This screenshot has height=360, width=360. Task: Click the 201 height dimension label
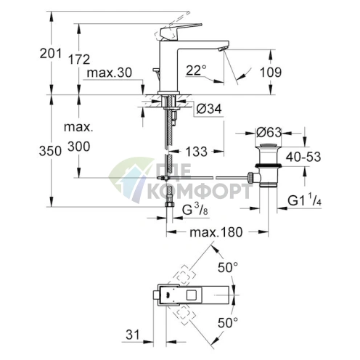51,54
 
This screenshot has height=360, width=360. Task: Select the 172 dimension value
79,60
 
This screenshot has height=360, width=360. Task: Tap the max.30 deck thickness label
110,73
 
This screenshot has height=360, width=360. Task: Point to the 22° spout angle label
197,70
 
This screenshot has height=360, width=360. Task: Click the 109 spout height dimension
271,73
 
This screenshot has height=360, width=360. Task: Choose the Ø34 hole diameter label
209,109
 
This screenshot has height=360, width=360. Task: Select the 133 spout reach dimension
197,152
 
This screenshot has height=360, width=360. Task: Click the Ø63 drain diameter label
269,133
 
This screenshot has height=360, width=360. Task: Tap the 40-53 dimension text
303,157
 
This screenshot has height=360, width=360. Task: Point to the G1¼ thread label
304,200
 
